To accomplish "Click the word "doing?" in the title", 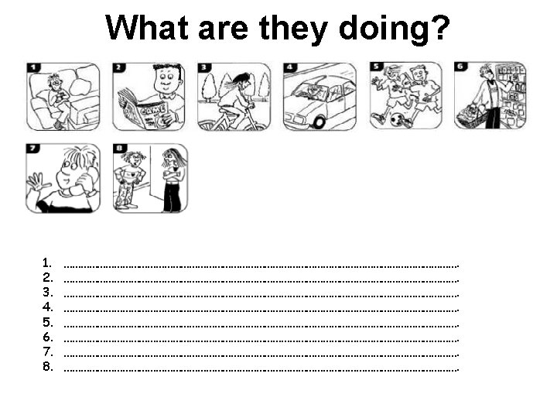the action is click(x=395, y=29).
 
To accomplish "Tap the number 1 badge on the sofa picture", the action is click(x=33, y=67).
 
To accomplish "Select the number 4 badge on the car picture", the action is click(x=290, y=67).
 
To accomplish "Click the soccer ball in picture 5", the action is click(x=396, y=120).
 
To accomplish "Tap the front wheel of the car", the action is click(x=319, y=122).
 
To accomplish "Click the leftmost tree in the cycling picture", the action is click(x=208, y=87).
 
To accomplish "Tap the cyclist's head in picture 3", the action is click(x=241, y=81).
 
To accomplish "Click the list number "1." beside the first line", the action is click(x=47, y=262).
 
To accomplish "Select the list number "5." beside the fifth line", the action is click(x=48, y=322).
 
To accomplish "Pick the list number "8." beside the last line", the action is click(x=48, y=366).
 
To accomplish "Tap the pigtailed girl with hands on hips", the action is click(x=129, y=180).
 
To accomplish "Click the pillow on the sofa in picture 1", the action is click(x=80, y=87).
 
